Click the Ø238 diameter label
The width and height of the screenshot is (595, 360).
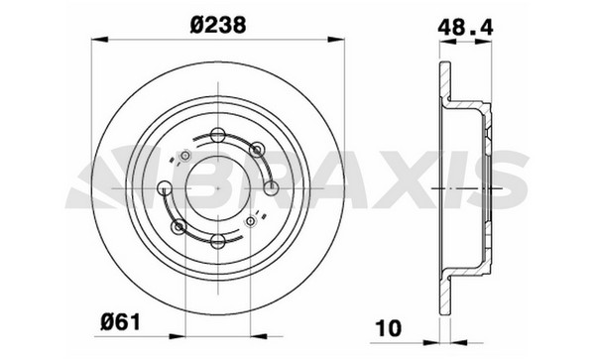(218, 26)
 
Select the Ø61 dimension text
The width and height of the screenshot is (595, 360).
(121, 323)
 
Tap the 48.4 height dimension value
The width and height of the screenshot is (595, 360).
(465, 28)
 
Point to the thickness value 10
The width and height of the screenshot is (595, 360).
(388, 328)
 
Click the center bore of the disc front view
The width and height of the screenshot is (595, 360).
(218, 187)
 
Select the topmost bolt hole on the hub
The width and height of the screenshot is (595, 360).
(218, 135)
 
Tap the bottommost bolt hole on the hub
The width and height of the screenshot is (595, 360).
(218, 241)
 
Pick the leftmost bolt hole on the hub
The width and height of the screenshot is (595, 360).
(165, 188)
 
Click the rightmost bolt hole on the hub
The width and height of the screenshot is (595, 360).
(271, 188)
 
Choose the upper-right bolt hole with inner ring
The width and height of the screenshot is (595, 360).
(257, 150)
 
